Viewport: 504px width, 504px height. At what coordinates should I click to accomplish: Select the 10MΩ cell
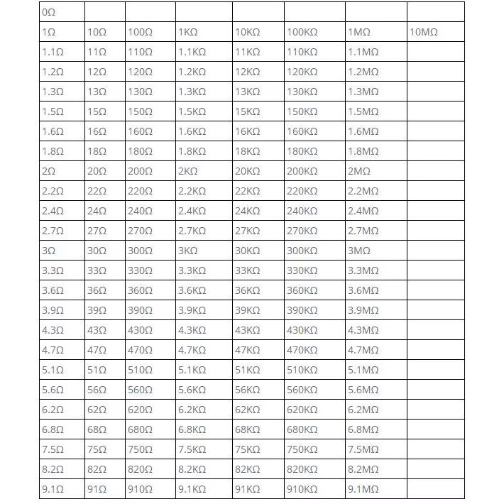pyautogui.click(x=424, y=32)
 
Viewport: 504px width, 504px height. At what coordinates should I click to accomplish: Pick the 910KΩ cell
pyautogui.click(x=302, y=489)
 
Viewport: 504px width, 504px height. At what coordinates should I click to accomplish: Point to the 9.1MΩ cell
pyautogui.click(x=363, y=489)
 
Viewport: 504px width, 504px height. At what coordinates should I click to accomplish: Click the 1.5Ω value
pyautogui.click(x=53, y=111)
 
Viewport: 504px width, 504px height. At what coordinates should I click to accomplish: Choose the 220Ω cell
pyautogui.click(x=140, y=191)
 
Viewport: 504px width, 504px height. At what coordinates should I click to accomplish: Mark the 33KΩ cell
pyautogui.click(x=248, y=270)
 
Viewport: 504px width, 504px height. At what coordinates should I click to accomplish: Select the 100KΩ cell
pyautogui.click(x=302, y=32)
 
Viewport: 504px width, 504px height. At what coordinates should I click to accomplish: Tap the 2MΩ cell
pyautogui.click(x=359, y=171)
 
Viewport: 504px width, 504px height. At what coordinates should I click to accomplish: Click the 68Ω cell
pyautogui.click(x=97, y=429)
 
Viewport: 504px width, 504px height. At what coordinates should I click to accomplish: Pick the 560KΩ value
pyautogui.click(x=302, y=390)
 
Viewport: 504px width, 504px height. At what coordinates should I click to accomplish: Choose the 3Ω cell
pyautogui.click(x=48, y=251)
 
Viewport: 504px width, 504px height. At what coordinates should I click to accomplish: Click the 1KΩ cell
pyautogui.click(x=188, y=32)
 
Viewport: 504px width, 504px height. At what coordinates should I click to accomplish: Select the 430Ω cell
pyautogui.click(x=140, y=330)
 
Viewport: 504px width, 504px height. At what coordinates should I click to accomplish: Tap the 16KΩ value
pyautogui.click(x=248, y=131)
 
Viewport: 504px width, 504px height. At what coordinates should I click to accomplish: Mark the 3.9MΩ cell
pyautogui.click(x=363, y=310)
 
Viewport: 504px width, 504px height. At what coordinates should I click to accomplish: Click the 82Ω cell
pyautogui.click(x=97, y=469)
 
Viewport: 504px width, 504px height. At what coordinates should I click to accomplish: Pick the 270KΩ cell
pyautogui.click(x=302, y=231)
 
